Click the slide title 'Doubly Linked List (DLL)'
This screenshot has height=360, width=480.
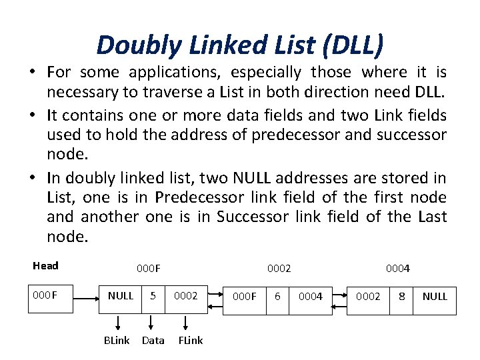[x=240, y=45]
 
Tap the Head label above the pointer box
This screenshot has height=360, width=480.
[x=45, y=266]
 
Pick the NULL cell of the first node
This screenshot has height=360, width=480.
[x=121, y=296]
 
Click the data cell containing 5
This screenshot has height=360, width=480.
[x=153, y=296]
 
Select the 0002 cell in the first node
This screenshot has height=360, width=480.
[x=186, y=296]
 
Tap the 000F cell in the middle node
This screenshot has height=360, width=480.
[x=245, y=296]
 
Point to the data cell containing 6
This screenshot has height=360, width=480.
[x=277, y=296]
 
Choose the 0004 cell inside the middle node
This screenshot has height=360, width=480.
[x=311, y=296]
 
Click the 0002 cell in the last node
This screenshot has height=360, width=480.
[x=368, y=296]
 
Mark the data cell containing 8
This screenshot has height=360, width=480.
[x=401, y=296]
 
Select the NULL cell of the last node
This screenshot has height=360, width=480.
[x=435, y=296]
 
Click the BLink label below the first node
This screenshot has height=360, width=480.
[x=117, y=340]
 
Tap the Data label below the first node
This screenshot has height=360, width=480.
[x=153, y=340]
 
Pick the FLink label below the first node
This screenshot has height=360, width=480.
[x=190, y=340]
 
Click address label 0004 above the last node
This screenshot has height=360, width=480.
[x=398, y=269]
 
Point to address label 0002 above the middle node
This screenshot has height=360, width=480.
[x=279, y=268]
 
